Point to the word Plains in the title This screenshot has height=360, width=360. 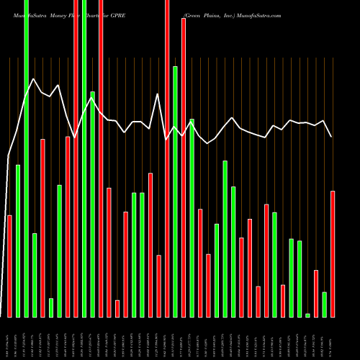(x=210, y=14)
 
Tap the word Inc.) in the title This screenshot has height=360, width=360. (x=228, y=14)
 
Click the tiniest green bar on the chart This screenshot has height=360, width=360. (x=307, y=315)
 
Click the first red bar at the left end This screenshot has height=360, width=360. (x=9, y=266)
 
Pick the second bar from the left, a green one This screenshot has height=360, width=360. (x=18, y=240)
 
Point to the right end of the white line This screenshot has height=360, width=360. (x=332, y=137)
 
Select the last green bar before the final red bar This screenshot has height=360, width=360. (x=324, y=304)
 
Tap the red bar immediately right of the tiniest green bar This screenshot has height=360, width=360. (x=316, y=293)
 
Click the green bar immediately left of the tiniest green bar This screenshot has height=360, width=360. (x=300, y=279)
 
